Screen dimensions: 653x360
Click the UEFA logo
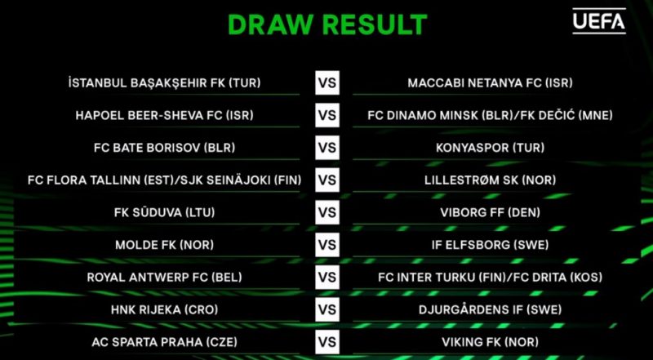pyautogui.click(x=599, y=21)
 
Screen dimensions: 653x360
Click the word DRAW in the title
pyautogui.click(x=271, y=24)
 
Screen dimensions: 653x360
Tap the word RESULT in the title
pyautogui.click(x=375, y=24)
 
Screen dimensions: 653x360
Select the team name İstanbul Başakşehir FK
pyautogui.click(x=147, y=82)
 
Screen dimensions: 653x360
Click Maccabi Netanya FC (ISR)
pyautogui.click(x=490, y=83)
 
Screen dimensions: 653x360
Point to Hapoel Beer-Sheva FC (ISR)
pyautogui.click(x=165, y=115)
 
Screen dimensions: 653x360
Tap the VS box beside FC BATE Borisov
pyautogui.click(x=327, y=148)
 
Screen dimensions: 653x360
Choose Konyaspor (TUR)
pyautogui.click(x=490, y=148)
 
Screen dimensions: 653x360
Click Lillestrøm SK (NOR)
pyautogui.click(x=491, y=180)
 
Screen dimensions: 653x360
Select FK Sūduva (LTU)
pyautogui.click(x=165, y=212)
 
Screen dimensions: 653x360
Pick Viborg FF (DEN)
pyautogui.click(x=491, y=212)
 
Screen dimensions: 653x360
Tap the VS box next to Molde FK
pyautogui.click(x=327, y=245)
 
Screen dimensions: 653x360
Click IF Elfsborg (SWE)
pyautogui.click(x=491, y=245)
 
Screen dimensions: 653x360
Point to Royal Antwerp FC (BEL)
pyautogui.click(x=165, y=277)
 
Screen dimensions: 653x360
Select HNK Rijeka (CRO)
pyautogui.click(x=165, y=309)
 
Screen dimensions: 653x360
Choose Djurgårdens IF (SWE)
pyautogui.click(x=491, y=309)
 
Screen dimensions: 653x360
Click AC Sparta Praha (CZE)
pyautogui.click(x=165, y=342)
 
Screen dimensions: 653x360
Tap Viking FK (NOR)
pyautogui.click(x=491, y=342)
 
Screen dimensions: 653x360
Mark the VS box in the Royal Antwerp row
pyautogui.click(x=327, y=277)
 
